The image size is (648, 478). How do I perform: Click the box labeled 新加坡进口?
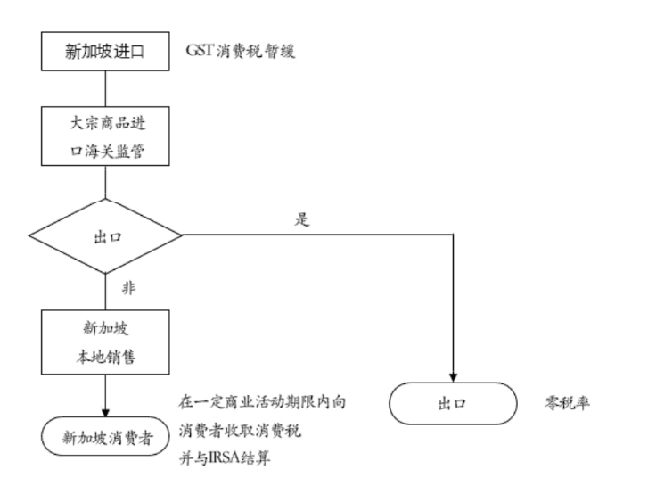105,52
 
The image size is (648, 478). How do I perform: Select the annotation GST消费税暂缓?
240,51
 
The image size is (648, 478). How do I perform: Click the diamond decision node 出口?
105,237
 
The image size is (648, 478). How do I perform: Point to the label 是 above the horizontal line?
301,220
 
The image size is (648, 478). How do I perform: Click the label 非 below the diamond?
127,288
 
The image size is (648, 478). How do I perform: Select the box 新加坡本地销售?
105,341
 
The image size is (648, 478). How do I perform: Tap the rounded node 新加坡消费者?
105,436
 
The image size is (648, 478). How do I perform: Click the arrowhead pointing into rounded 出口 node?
454,376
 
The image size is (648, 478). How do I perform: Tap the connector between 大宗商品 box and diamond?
105,184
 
